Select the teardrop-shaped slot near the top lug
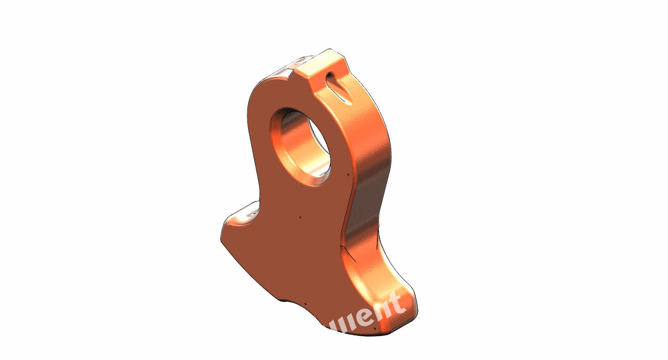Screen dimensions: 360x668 click(338, 88)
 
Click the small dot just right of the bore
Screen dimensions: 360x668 click(348, 174)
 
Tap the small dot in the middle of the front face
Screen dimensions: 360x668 click(300, 217)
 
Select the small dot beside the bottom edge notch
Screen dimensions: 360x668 click(305, 304)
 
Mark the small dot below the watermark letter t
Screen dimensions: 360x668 click(375, 329)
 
